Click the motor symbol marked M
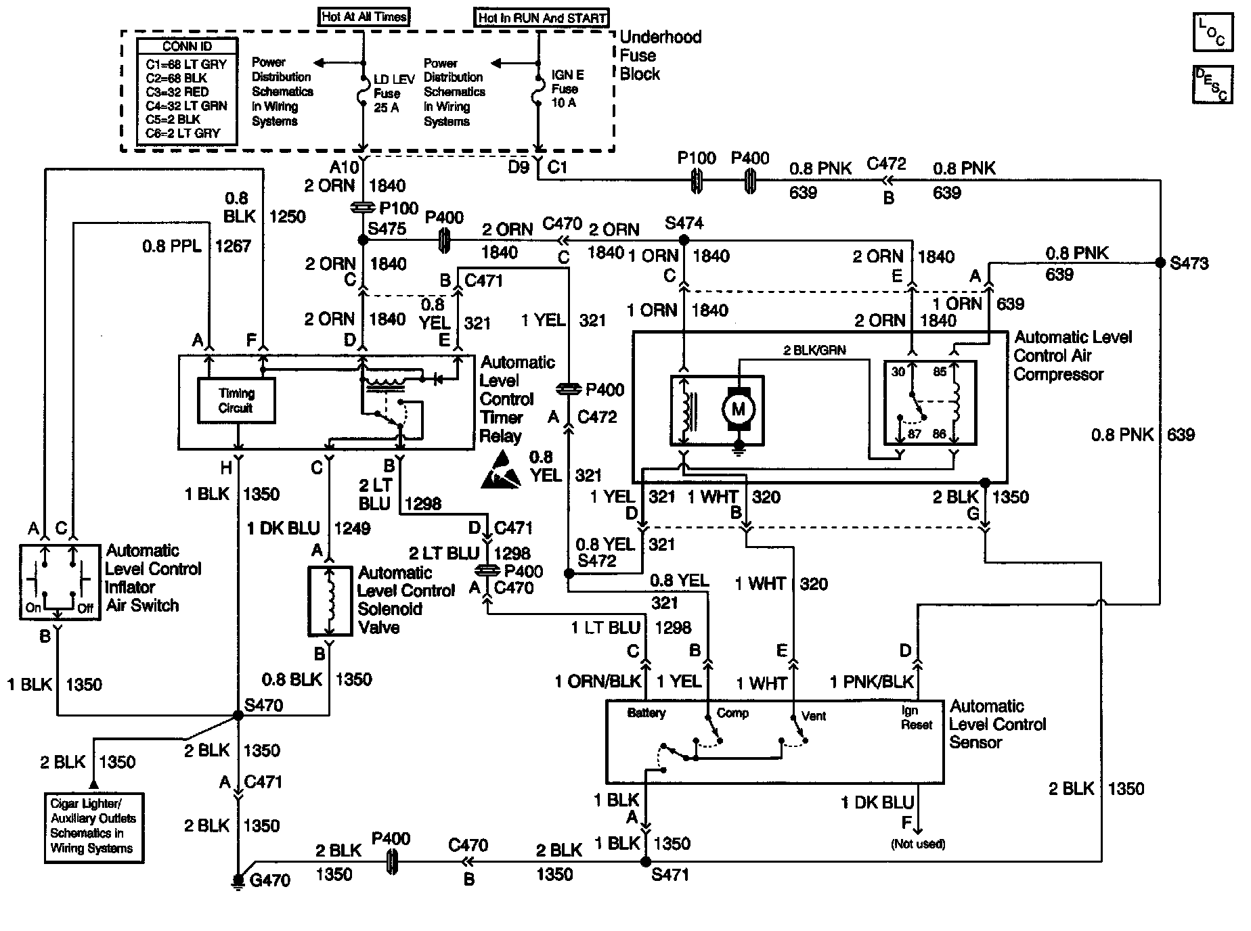pos(738,408)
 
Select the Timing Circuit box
pos(236,401)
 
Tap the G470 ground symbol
pos(238,882)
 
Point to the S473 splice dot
pos(1160,263)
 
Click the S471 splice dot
pos(646,862)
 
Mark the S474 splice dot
pos(684,240)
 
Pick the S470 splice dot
pos(238,715)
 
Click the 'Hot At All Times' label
pos(364,17)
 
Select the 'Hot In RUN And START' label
pos(542,18)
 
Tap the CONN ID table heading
pos(187,47)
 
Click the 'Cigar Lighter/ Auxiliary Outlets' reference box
pos(93,827)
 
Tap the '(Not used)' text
pos(918,844)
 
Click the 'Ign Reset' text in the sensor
pos(917,718)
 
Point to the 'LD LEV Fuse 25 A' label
pos(393,93)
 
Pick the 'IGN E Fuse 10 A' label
pos(567,89)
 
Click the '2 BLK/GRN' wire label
pos(814,350)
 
